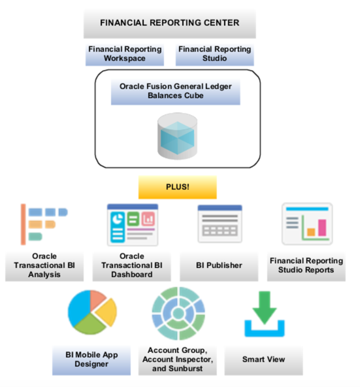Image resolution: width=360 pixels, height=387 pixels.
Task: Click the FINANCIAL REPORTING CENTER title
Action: click(169, 23)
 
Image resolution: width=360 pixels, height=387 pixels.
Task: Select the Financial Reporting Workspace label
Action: click(124, 54)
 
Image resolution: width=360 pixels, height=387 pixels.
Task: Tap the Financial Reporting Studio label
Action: click(215, 54)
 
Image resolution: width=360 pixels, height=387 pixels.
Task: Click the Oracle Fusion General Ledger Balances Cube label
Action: click(176, 90)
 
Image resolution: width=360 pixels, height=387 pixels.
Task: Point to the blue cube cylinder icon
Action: click(176, 134)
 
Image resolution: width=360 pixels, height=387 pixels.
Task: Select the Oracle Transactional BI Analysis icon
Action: click(43, 224)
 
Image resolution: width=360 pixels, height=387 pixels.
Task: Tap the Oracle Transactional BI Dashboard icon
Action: click(132, 225)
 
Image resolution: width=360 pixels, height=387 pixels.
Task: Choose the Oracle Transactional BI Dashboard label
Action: click(132, 265)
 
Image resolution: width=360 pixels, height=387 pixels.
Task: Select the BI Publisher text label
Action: click(220, 265)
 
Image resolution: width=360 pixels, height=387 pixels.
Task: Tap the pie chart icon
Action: click(91, 314)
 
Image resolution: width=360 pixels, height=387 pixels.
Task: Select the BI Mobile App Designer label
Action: click(91, 360)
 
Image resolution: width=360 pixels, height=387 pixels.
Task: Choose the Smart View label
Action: click(263, 360)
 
